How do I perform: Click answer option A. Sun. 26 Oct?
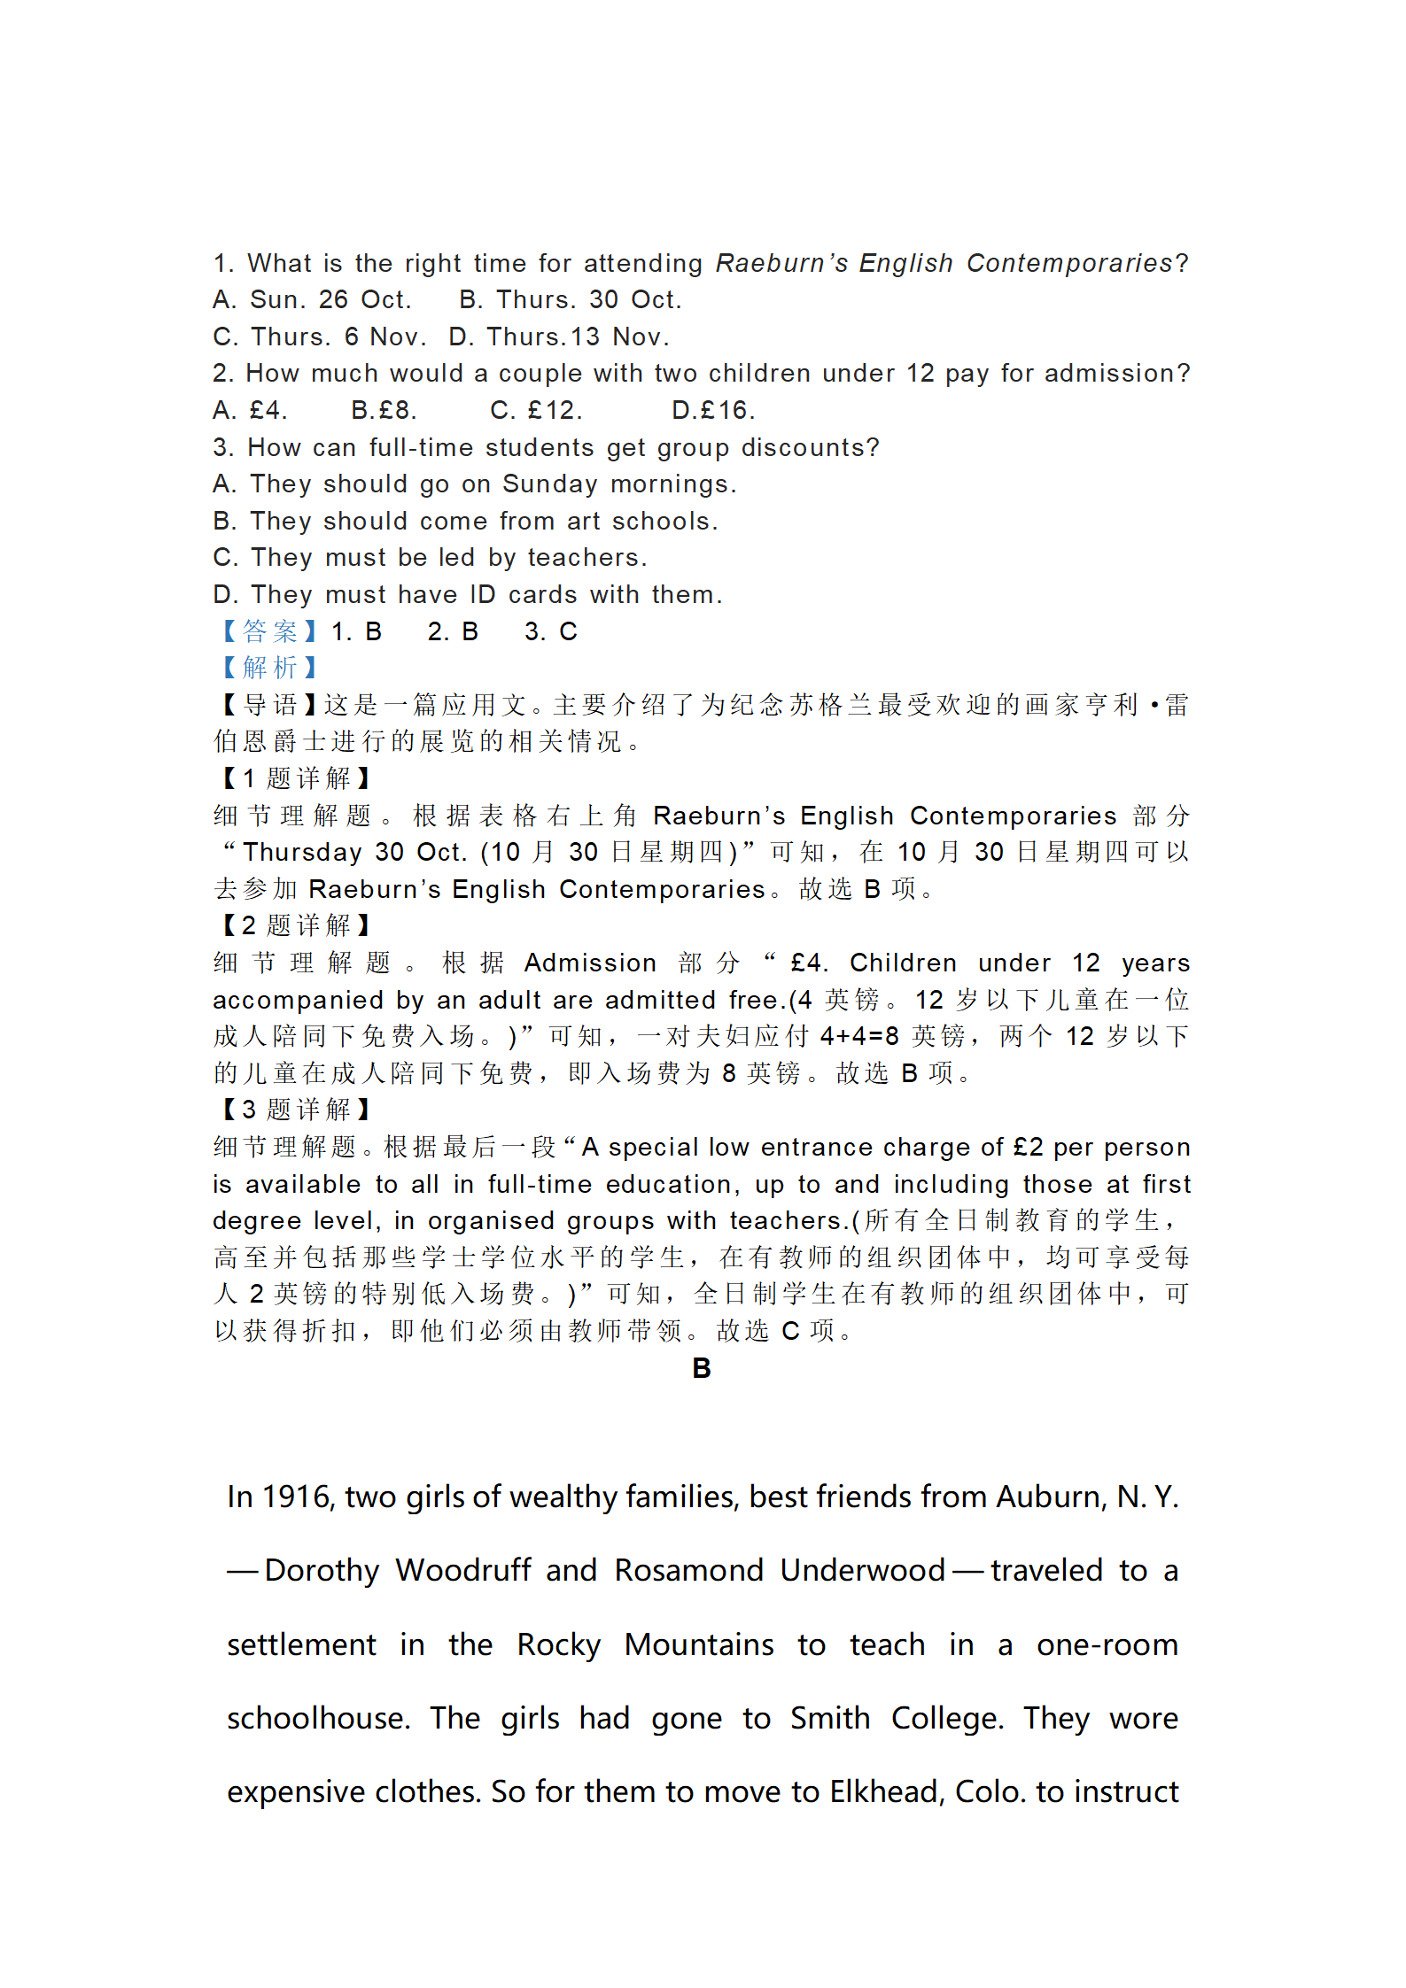point(312,300)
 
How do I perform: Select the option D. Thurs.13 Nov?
point(558,337)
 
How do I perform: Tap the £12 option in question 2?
point(536,411)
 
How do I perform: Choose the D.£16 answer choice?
point(713,411)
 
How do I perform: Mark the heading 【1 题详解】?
point(295,778)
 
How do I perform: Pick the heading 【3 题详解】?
point(295,1110)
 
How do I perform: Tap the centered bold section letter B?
point(702,1369)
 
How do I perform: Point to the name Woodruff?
point(463,1571)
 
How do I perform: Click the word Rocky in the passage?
point(558,1645)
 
